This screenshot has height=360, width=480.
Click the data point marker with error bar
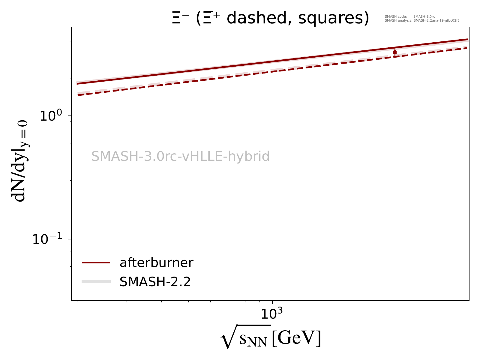click(x=395, y=52)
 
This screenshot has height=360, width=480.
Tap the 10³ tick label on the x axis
click(x=272, y=314)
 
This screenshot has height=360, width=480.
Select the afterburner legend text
click(x=156, y=263)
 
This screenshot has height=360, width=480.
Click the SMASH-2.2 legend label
click(x=155, y=282)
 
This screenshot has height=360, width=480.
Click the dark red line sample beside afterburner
click(x=96, y=263)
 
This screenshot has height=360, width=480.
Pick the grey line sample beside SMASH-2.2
click(x=96, y=281)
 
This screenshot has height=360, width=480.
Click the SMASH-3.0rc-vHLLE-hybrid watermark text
click(x=180, y=157)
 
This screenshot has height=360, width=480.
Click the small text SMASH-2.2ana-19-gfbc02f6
click(x=436, y=21)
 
